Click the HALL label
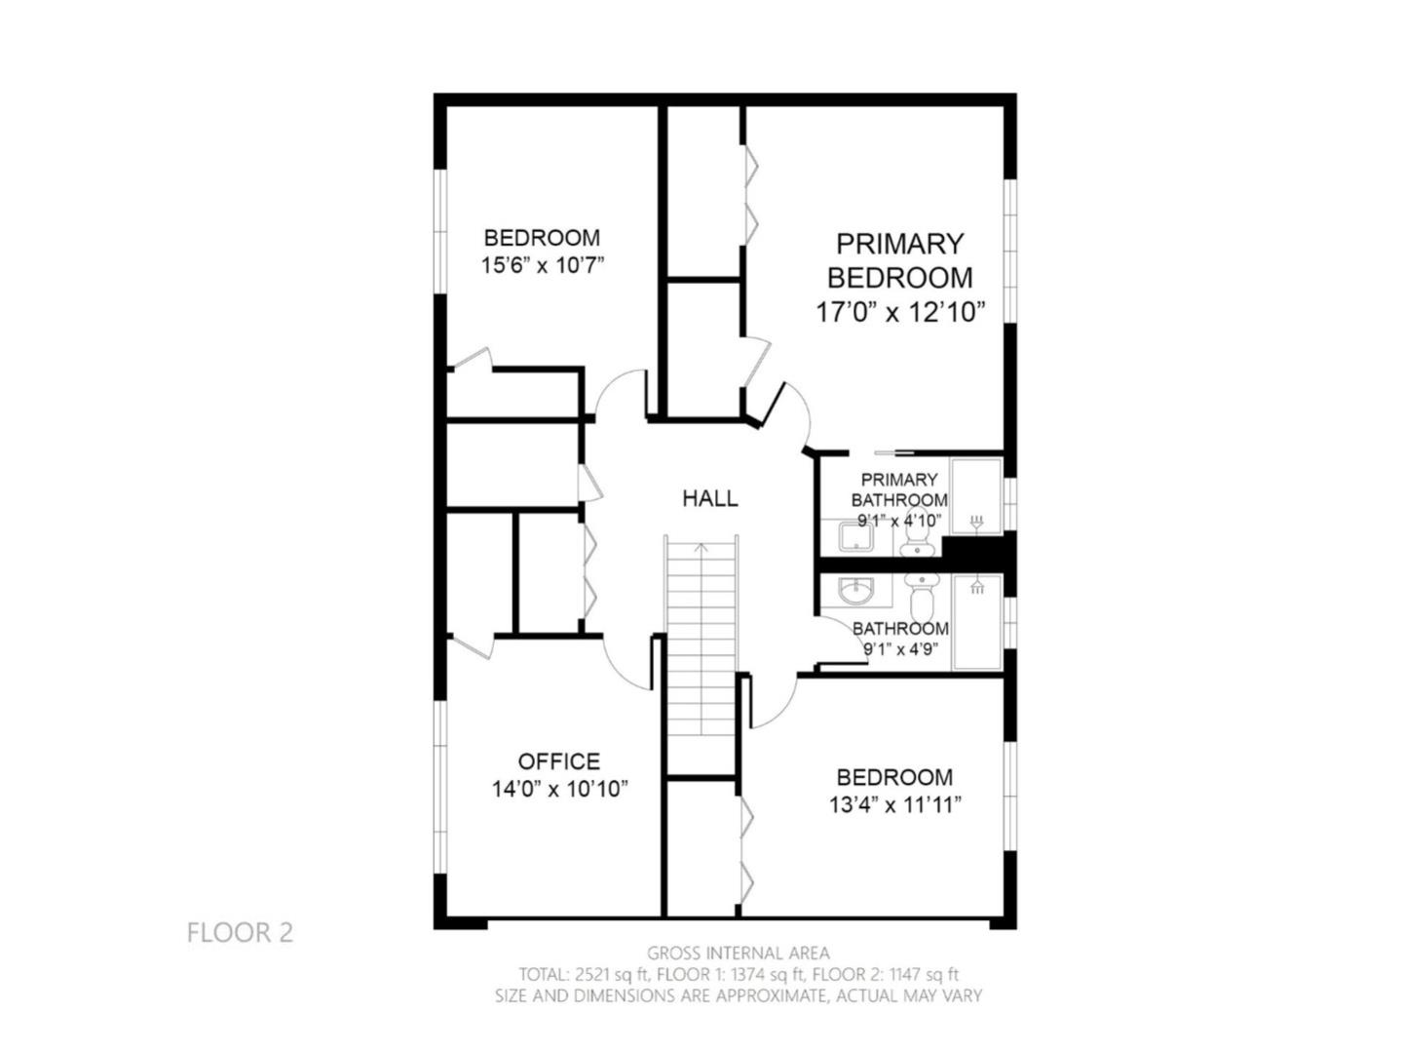pyautogui.click(x=709, y=498)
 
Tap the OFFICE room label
pyautogui.click(x=558, y=761)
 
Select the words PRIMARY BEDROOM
pyautogui.click(x=899, y=260)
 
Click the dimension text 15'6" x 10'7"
pyautogui.click(x=543, y=264)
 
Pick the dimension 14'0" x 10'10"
pyautogui.click(x=559, y=789)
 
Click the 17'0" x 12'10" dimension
pyautogui.click(x=900, y=312)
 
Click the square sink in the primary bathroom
pyautogui.click(x=856, y=535)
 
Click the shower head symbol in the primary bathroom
pyautogui.click(x=977, y=522)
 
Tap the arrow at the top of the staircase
pyautogui.click(x=701, y=548)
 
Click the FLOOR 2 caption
pyautogui.click(x=240, y=933)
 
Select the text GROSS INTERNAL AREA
pyautogui.click(x=739, y=953)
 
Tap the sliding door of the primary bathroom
pyautogui.click(x=893, y=452)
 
